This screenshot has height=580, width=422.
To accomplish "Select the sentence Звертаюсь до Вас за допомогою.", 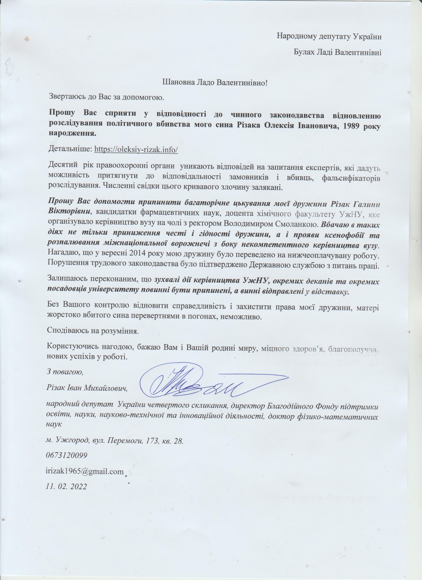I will tap(106, 97).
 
